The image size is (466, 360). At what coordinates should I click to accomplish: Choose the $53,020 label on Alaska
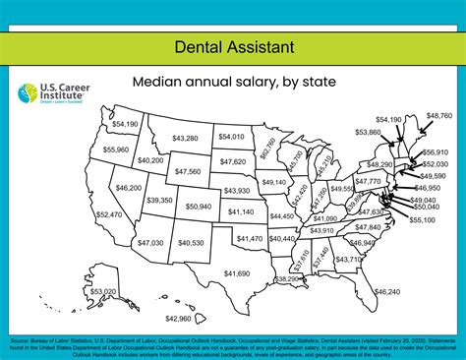coord(102,292)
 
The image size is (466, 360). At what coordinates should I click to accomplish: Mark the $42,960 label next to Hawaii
coord(178,318)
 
